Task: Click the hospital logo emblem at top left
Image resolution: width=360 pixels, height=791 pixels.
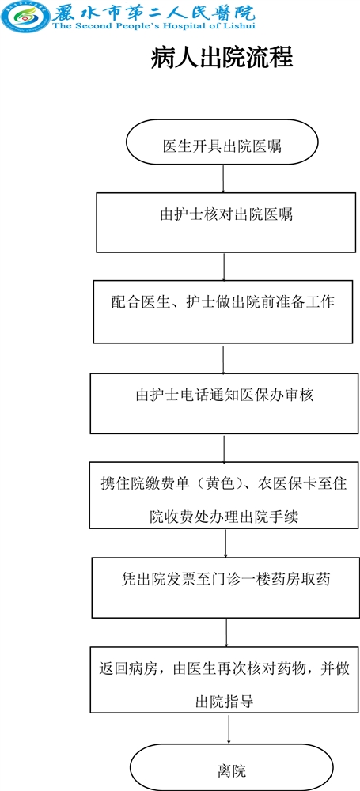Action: pyautogui.click(x=25, y=17)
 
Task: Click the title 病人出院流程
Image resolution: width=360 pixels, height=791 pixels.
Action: pyautogui.click(x=222, y=59)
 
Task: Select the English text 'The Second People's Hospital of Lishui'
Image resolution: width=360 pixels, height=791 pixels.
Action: pyautogui.click(x=153, y=26)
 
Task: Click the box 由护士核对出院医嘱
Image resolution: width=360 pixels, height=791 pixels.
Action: pyautogui.click(x=225, y=221)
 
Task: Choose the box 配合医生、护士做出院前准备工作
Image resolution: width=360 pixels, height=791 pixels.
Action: pyautogui.click(x=222, y=312)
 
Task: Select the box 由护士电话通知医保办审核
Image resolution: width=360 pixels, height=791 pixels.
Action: pyautogui.click(x=224, y=403)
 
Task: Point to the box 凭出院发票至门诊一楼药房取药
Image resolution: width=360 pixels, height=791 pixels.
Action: pyautogui.click(x=225, y=587)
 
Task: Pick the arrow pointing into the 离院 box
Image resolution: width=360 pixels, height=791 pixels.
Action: pyautogui.click(x=229, y=729)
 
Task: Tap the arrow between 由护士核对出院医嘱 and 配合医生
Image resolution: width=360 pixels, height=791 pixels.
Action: pyautogui.click(x=224, y=267)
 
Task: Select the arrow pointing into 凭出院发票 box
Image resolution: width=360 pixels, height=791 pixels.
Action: pyautogui.click(x=225, y=543)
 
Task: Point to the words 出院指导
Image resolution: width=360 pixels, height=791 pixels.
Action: pyautogui.click(x=224, y=701)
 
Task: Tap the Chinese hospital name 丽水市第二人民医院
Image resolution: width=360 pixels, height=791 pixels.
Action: pyautogui.click(x=154, y=10)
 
